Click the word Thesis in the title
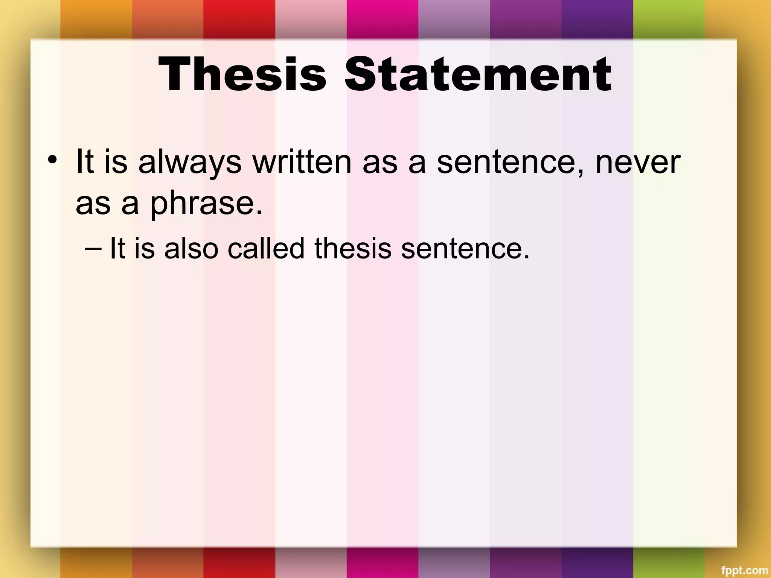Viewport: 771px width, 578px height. point(242,74)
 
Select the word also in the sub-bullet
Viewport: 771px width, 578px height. point(191,248)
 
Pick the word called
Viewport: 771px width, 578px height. point(266,248)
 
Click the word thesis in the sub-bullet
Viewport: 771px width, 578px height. point(353,248)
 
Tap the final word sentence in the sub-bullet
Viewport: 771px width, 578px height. point(465,248)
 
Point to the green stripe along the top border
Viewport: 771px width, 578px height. point(668,19)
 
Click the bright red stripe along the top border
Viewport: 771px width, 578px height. point(239,19)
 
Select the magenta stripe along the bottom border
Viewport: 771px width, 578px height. point(382,563)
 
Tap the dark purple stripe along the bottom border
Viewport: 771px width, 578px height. point(597,563)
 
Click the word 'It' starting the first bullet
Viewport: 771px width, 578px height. point(85,162)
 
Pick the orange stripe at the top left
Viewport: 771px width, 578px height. point(96,19)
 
